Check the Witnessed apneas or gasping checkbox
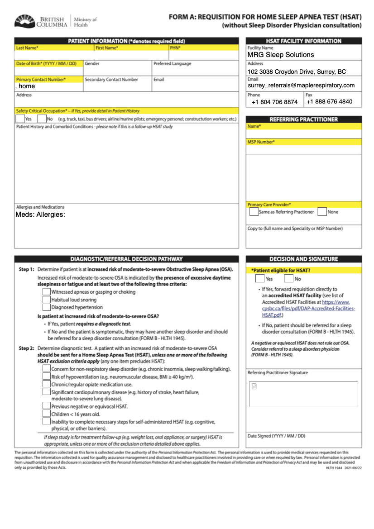[x=46, y=292]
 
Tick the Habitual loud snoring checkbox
[x=46, y=300]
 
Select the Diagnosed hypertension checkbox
[x=46, y=307]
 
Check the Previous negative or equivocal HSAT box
[x=46, y=406]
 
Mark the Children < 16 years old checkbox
[x=46, y=414]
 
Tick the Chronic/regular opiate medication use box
[x=46, y=384]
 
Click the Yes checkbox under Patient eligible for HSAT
[x=259, y=279]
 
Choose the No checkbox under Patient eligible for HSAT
[x=288, y=279]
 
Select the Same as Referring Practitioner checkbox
[x=254, y=212]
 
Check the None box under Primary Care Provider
[x=322, y=212]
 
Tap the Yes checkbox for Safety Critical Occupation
[x=20, y=119]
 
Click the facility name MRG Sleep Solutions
[x=281, y=55]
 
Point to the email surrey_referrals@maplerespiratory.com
[x=301, y=85]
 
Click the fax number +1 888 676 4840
[x=329, y=101]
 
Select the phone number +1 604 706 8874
[x=275, y=102]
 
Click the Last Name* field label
[x=27, y=48]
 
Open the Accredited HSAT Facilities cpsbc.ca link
[x=308, y=308]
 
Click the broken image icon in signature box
[x=254, y=386]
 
